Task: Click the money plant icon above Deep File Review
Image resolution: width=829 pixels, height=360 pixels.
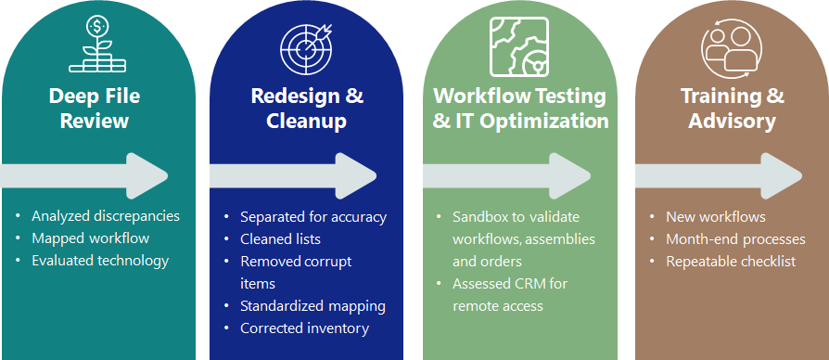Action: [97, 45]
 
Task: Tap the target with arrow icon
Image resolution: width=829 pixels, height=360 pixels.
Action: [306, 47]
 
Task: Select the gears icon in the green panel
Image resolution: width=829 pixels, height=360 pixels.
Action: [518, 46]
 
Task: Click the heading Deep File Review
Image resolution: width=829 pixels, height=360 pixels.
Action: [95, 109]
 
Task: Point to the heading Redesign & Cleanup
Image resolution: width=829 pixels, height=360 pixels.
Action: [307, 109]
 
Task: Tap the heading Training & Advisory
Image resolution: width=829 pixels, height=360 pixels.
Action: [733, 109]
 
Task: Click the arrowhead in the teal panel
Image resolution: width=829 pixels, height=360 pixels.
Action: [147, 176]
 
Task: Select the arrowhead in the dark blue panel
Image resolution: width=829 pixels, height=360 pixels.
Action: [356, 176]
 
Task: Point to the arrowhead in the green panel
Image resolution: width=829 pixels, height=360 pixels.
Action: [569, 176]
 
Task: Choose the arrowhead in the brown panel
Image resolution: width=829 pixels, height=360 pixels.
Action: [782, 176]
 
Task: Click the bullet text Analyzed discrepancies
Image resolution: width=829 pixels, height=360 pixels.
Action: [106, 216]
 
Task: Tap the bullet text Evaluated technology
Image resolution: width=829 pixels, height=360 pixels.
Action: [100, 261]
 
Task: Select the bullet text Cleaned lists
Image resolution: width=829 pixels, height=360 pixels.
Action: [280, 239]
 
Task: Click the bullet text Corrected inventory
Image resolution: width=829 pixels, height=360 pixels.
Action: [304, 328]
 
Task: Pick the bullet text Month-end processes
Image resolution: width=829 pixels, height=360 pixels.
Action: [735, 239]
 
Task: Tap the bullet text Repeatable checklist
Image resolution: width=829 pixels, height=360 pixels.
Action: [731, 261]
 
